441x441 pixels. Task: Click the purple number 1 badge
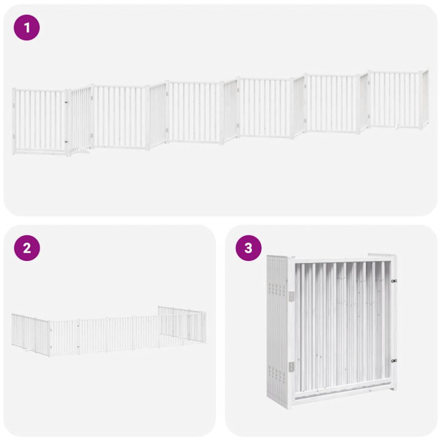27,28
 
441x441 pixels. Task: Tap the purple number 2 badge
27,248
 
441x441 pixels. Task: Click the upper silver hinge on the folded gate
291,295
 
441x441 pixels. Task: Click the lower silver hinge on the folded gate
291,366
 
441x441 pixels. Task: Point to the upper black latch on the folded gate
394,280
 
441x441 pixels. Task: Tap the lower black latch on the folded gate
394,360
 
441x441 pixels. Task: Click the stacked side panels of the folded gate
279,331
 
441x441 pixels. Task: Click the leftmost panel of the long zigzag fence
40,121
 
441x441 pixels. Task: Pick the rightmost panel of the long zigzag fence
398,99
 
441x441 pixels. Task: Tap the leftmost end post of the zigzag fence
14,121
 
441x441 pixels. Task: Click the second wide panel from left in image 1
121,115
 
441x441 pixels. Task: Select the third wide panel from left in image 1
195,112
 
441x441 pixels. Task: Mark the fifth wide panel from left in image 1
331,104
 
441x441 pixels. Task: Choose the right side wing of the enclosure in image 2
182,323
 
